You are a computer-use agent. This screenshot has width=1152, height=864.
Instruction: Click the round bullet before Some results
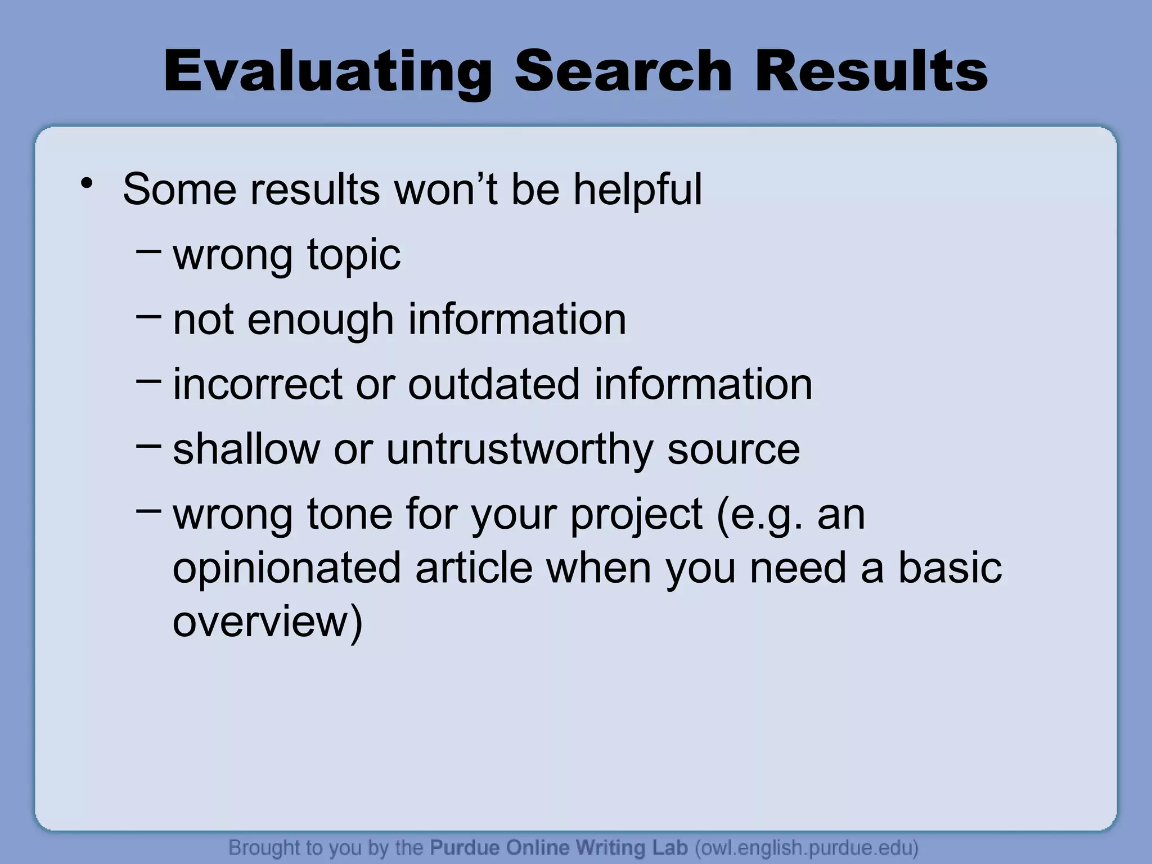(86, 183)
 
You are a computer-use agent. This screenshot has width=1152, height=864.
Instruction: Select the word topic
(353, 255)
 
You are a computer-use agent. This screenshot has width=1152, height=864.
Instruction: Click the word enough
(320, 319)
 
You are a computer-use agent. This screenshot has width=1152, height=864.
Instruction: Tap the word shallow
(246, 449)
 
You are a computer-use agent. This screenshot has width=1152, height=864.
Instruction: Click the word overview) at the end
(268, 622)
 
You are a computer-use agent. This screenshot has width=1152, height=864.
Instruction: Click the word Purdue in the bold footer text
(465, 847)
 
